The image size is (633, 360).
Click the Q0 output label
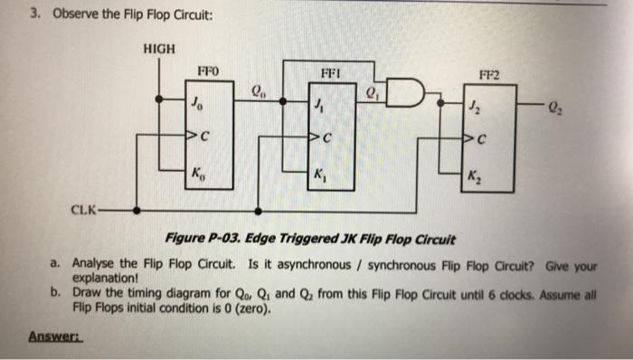259,89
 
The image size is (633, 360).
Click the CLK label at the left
86,210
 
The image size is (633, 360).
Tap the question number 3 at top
33,14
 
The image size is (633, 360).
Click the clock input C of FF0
203,137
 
